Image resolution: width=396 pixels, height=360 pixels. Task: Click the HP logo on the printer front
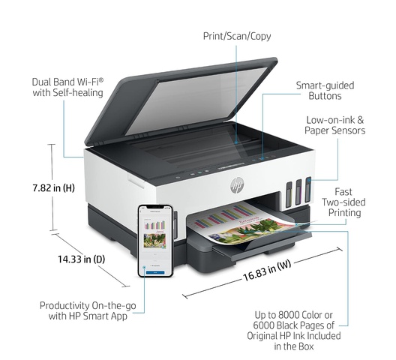click(x=237, y=185)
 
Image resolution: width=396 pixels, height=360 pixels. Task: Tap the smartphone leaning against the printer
click(x=155, y=241)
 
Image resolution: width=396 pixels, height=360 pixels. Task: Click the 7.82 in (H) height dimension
click(x=53, y=187)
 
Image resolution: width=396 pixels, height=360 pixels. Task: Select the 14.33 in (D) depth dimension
click(x=81, y=259)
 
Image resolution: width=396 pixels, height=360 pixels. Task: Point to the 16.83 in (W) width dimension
click(x=267, y=270)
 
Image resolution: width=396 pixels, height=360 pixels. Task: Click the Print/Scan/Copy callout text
click(x=237, y=36)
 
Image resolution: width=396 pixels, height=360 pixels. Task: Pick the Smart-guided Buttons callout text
click(x=325, y=91)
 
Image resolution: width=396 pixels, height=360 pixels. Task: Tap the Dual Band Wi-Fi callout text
click(x=68, y=88)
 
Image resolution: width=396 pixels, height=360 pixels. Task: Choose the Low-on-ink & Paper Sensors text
click(x=335, y=125)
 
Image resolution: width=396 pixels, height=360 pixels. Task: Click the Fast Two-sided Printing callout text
click(x=343, y=202)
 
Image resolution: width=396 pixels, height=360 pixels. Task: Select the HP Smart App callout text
click(x=88, y=310)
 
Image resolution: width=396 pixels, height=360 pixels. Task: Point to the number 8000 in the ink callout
click(x=288, y=315)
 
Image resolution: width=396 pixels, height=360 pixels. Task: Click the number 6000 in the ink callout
click(x=264, y=325)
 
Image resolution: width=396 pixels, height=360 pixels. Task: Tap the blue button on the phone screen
click(x=155, y=272)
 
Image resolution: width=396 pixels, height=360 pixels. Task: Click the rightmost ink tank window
click(x=307, y=190)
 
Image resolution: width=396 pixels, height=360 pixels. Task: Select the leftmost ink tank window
click(x=289, y=194)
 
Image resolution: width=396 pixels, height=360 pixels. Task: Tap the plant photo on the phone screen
click(x=154, y=241)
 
